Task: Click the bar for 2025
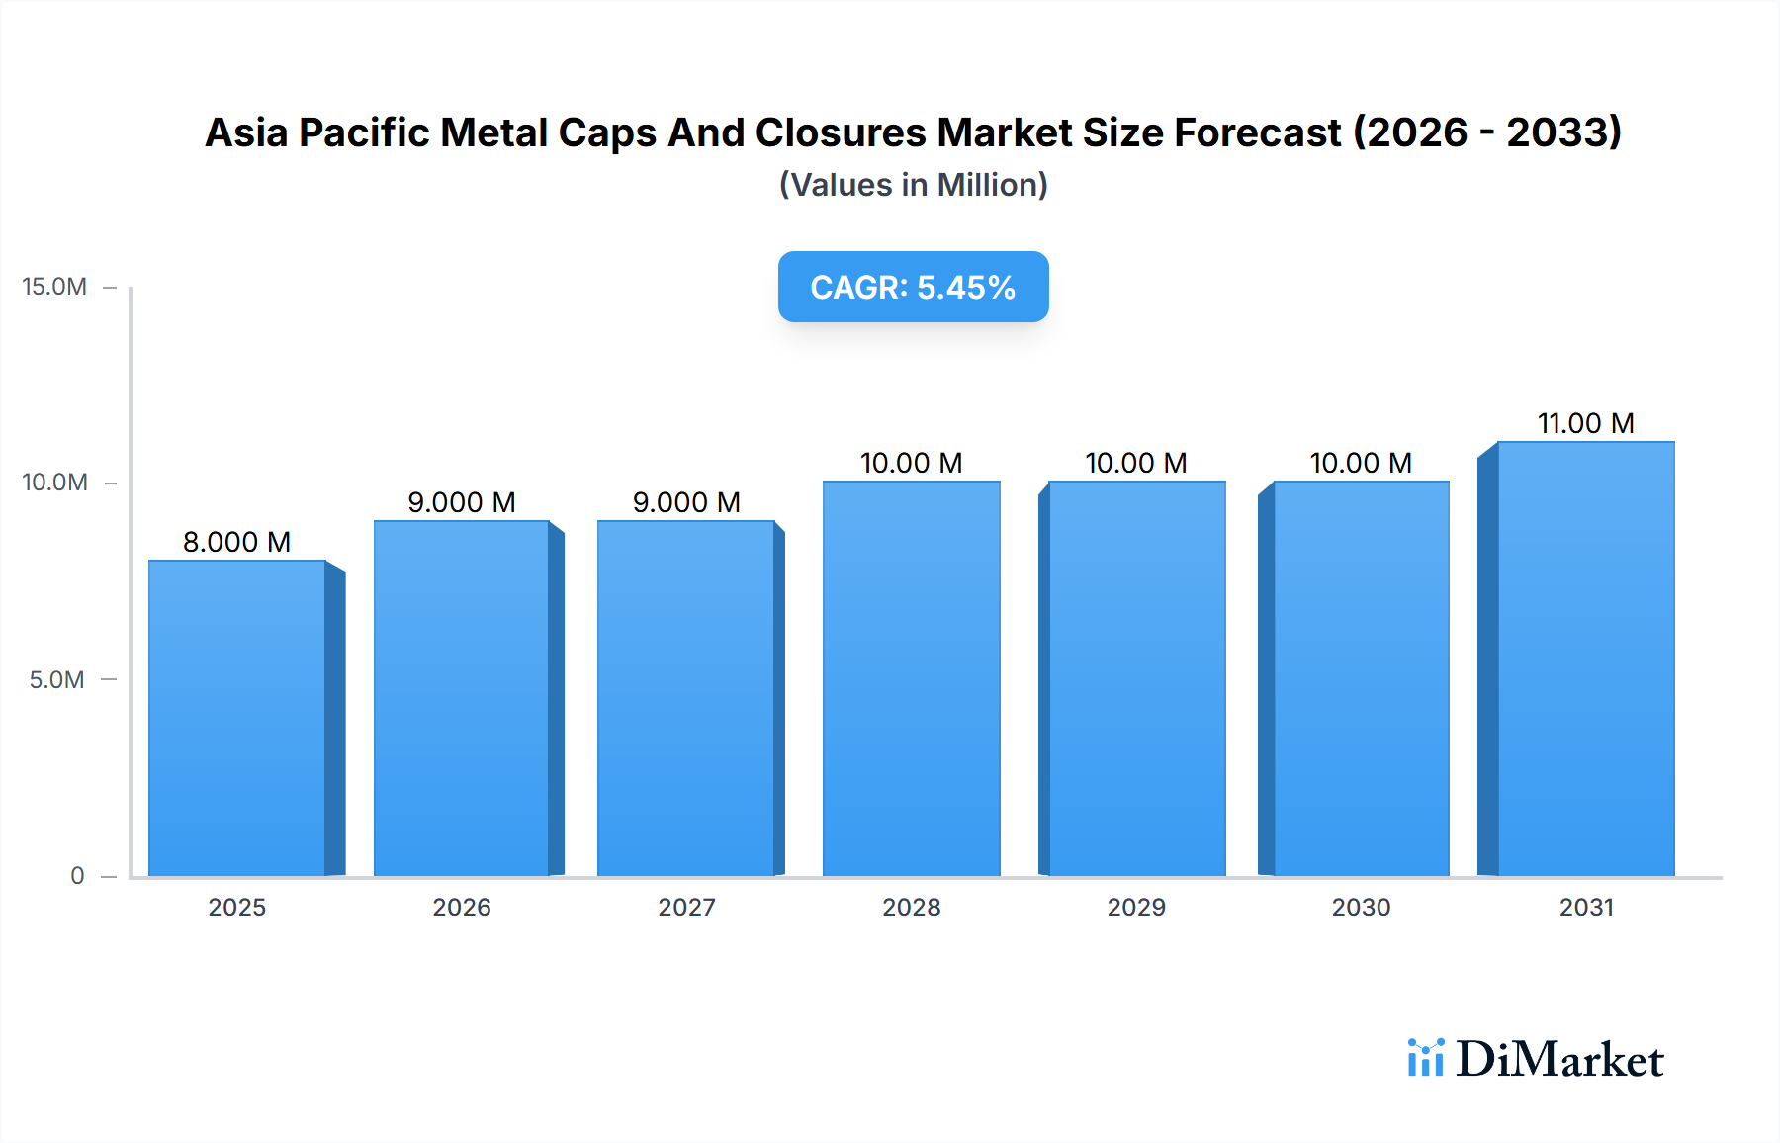pos(237,718)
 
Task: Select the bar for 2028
pos(912,678)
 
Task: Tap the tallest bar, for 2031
pos(1586,659)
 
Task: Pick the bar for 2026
pos(462,698)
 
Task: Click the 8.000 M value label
pos(236,542)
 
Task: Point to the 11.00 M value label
pos(1585,423)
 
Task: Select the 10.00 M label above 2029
pos(1135,463)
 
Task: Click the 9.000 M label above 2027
pos(686,502)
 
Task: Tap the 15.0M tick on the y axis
pos(54,287)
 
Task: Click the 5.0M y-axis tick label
pos(56,680)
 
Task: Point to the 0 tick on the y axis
pos(77,876)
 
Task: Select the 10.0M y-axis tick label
pos(54,483)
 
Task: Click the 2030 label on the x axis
pos(1361,907)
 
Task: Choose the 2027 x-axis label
pos(686,907)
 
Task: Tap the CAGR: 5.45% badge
pos(913,287)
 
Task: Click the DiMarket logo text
pos(1559,1060)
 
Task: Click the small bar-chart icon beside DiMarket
pos(1425,1058)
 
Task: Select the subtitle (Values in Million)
pos(913,185)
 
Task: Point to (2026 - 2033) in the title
pos(1486,132)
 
